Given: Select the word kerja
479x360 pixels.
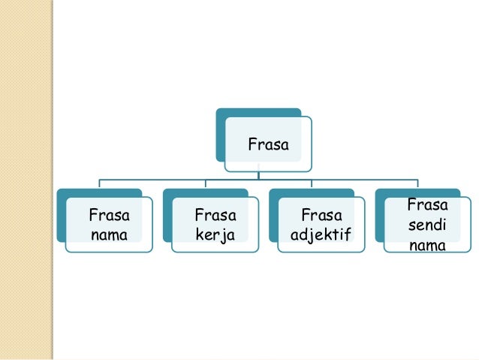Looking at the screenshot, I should pos(215,235).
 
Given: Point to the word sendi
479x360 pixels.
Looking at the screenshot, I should pos(427,224).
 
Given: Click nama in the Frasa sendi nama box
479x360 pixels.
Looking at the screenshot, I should pos(427,245).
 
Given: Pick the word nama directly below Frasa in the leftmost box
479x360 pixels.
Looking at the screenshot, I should pos(107,235).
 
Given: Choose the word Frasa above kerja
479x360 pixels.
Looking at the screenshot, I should pos(215,215).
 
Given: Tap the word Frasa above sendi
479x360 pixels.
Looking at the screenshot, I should pos(427,204).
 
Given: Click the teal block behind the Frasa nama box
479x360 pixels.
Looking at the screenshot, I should pos(63,218).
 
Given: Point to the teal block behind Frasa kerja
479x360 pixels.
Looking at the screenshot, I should pos(168,218).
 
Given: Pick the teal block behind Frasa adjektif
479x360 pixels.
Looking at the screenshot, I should pos(274,218).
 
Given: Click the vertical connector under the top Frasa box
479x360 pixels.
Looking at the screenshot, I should pos(258,172).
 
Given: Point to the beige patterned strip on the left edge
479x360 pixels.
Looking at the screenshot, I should pos(27,180).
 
